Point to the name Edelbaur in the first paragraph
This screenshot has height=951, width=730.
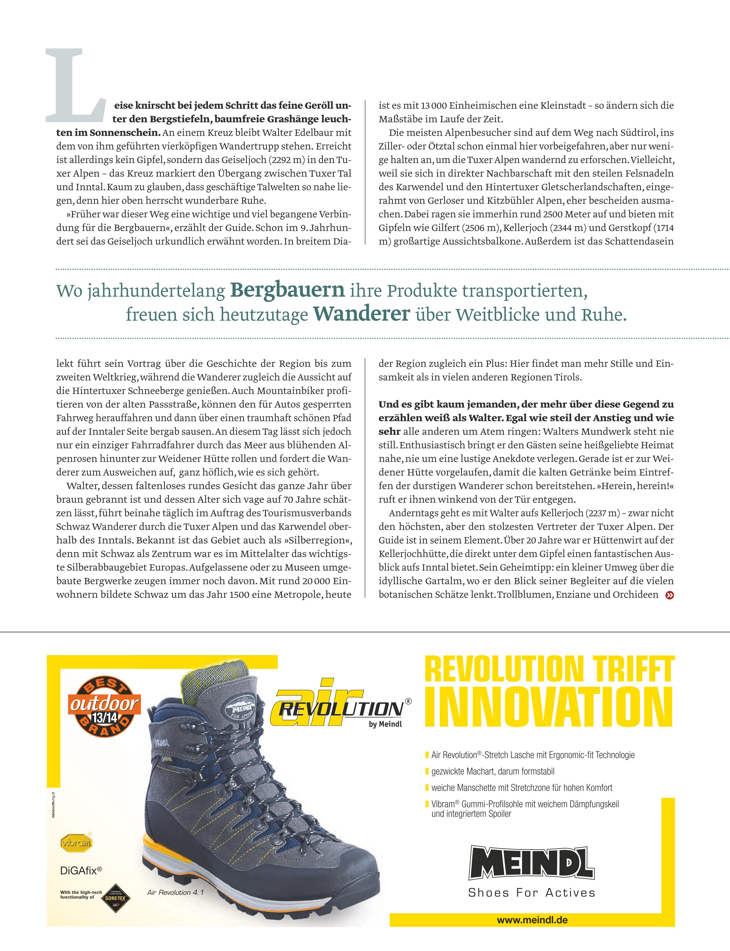(x=331, y=133)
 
